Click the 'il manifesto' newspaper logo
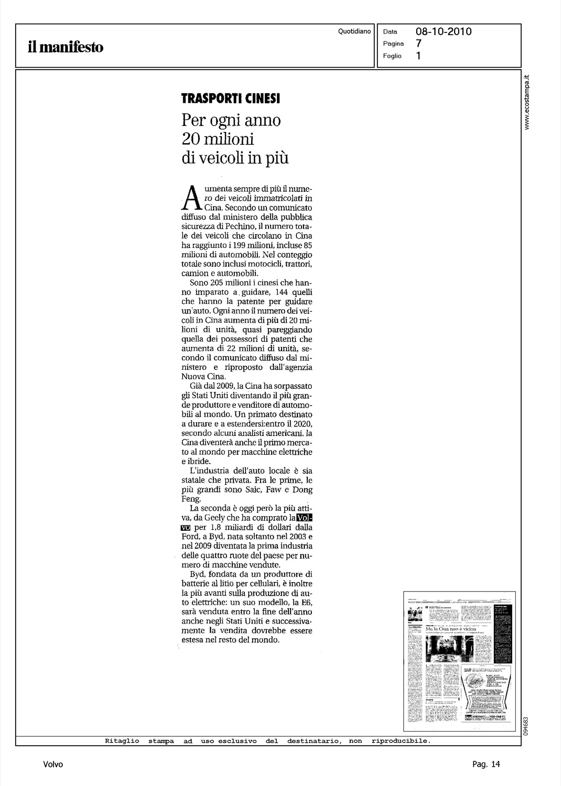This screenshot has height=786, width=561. pos(66,48)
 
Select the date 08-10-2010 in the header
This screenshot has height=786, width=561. pos(444,31)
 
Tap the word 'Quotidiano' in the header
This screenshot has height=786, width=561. pos(354,31)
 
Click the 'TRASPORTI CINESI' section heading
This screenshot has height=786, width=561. pos(231,98)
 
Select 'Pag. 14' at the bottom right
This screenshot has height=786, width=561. pos(486,765)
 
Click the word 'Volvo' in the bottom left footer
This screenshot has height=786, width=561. pos(53,765)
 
